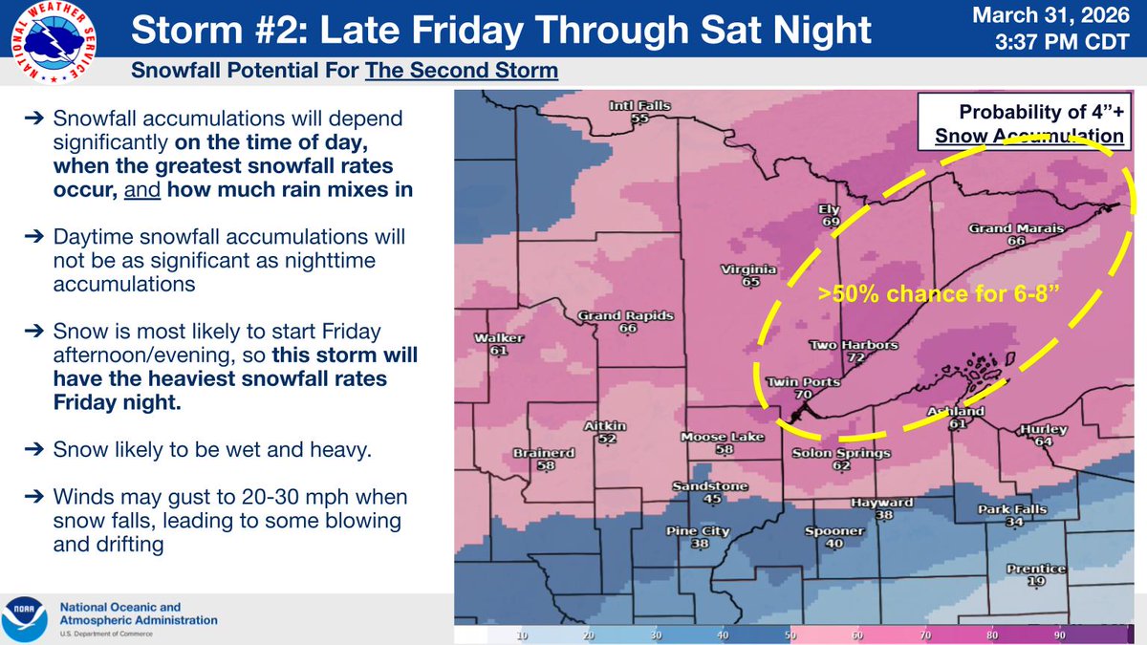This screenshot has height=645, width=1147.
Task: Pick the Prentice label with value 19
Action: tap(1035, 570)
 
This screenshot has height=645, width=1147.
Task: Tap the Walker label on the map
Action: tap(497, 338)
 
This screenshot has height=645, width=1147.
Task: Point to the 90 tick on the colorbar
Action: tap(1058, 634)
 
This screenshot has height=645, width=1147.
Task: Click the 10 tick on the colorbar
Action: tap(523, 634)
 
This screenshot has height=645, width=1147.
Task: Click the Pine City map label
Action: tap(699, 531)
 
